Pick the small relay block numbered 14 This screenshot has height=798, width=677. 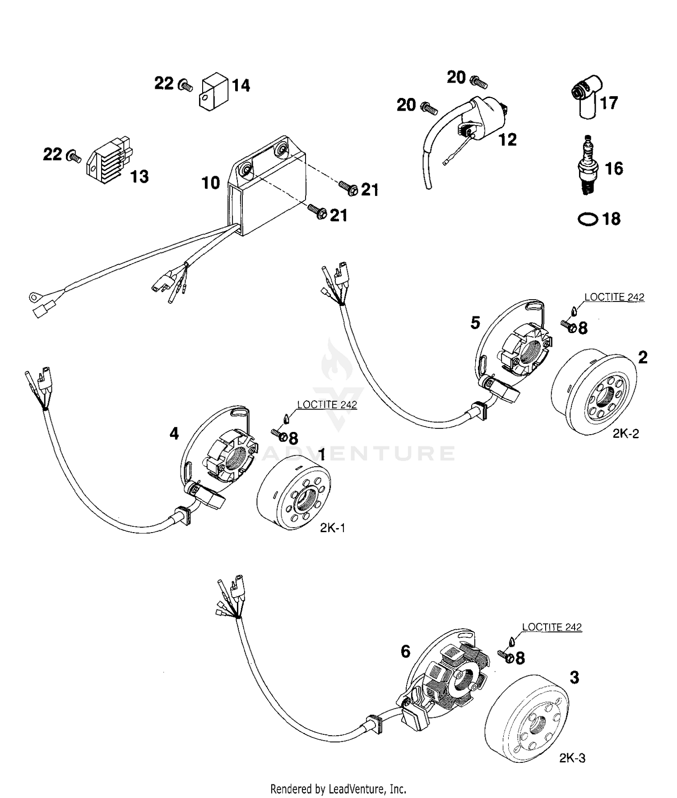(x=213, y=90)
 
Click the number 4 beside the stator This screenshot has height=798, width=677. (x=174, y=434)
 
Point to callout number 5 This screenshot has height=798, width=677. (x=475, y=323)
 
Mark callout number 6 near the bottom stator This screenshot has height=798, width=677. (x=405, y=651)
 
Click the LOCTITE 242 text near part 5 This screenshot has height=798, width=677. (x=614, y=297)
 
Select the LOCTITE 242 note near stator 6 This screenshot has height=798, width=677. (x=552, y=627)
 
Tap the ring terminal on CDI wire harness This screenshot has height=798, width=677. (x=32, y=297)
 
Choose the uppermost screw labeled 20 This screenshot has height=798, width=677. (x=478, y=82)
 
